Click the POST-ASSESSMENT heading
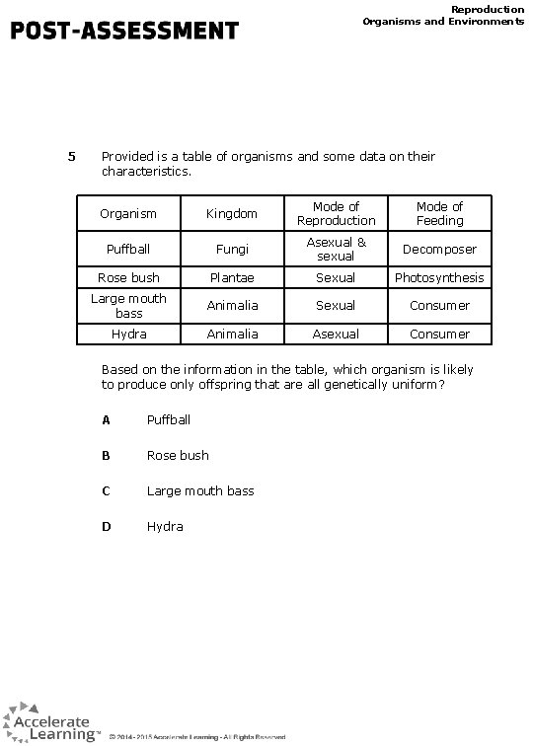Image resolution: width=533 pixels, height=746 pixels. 124,31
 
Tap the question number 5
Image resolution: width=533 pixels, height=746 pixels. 71,156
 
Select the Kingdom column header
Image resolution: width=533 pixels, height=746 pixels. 231,213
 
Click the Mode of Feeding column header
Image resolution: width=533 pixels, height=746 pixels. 439,213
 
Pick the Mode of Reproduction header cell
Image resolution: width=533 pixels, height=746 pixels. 336,213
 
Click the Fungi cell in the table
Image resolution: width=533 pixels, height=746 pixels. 231,250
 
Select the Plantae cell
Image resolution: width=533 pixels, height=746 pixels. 231,278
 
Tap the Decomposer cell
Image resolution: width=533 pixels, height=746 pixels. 439,250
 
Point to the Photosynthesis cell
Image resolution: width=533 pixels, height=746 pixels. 439,278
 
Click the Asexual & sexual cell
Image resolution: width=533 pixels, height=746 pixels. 336,250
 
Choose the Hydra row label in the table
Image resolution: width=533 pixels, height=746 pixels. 128,335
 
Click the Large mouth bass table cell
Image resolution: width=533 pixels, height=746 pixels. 128,305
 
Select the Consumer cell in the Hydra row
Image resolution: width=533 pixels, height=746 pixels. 439,335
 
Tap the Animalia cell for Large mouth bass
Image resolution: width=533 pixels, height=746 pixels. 231,305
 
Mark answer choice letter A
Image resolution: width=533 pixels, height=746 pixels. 106,419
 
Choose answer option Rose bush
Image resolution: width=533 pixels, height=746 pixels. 178,455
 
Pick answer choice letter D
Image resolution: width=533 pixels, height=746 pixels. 106,526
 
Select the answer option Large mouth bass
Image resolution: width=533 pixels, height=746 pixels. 200,490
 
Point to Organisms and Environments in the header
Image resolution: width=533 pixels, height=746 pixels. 443,21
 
